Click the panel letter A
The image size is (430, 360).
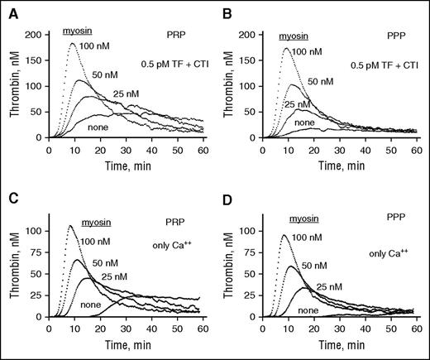coord(7,8)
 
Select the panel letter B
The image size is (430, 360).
coord(223,8)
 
